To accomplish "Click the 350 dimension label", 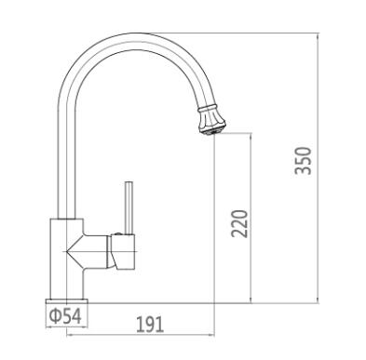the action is coord(303,161).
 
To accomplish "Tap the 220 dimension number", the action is coord(239,224).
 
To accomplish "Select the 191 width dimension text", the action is coord(150,325).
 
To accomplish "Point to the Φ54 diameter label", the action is coord(65,316).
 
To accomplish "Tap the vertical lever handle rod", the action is coord(129,207).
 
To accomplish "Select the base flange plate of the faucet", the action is coord(67,301).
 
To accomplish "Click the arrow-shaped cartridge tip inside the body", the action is coord(75,251).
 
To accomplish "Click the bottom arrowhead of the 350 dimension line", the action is coord(318,300).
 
